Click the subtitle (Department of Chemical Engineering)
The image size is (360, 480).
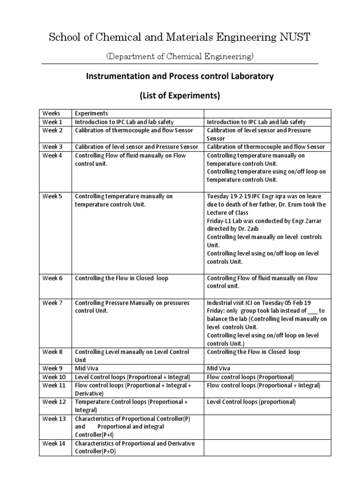pos(180,56)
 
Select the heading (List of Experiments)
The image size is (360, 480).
pos(180,96)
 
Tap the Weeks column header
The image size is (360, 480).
pos(52,113)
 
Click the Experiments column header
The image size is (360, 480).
pos(91,113)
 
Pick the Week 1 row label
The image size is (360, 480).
pos(53,122)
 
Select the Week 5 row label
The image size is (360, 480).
pos(53,196)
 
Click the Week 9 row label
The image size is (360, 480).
pos(53,368)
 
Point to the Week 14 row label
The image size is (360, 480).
pos(54,443)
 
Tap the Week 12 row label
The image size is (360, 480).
pos(54,402)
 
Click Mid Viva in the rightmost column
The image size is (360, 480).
pos(219,368)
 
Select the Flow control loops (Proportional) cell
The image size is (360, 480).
pos(250,377)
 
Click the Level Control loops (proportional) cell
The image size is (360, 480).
pos(251,402)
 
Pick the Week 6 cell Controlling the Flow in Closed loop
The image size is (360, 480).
pos(121,278)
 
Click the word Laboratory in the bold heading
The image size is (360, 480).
pos(251,76)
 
